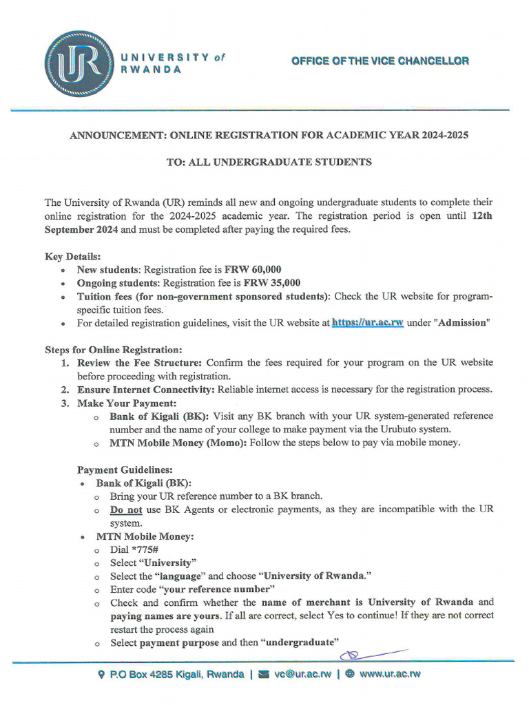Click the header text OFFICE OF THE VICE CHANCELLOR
(x=380, y=61)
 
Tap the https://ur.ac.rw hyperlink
(x=367, y=322)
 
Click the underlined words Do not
(x=126, y=509)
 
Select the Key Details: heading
(x=72, y=256)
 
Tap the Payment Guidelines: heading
(x=125, y=470)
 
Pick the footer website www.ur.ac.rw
(x=389, y=674)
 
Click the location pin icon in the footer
(x=102, y=674)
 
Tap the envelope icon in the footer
(x=262, y=674)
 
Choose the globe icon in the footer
(x=350, y=674)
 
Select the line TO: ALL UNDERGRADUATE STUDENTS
(x=269, y=162)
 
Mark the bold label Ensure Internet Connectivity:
(x=147, y=390)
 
